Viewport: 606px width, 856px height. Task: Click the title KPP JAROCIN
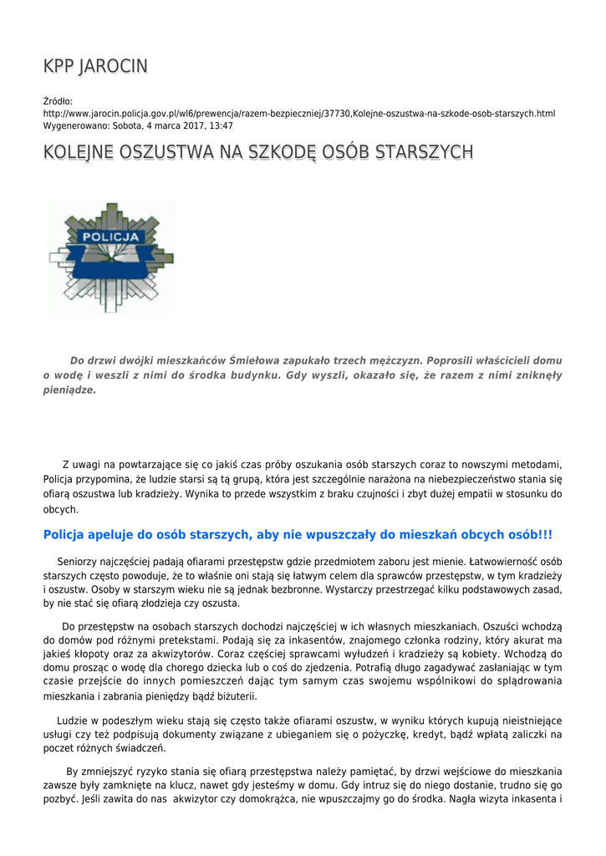coord(95,67)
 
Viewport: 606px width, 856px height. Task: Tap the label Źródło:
coord(58,101)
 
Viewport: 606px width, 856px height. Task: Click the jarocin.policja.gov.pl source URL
coord(299,114)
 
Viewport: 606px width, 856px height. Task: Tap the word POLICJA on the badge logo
coord(110,237)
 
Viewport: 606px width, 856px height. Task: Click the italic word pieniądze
coord(69,390)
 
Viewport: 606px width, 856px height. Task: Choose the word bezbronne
coord(279,589)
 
